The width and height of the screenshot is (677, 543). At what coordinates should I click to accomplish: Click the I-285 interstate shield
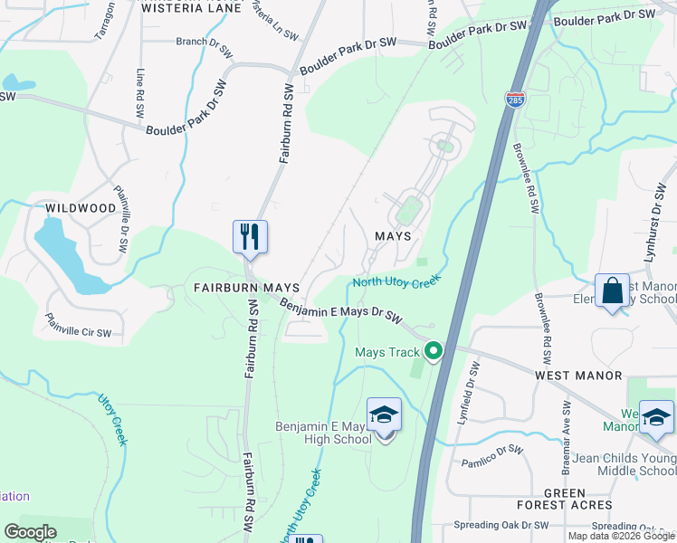[x=515, y=98]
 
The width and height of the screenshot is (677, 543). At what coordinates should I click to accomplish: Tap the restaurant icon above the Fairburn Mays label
[x=247, y=237]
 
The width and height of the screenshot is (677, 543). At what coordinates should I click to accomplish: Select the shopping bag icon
[x=612, y=291]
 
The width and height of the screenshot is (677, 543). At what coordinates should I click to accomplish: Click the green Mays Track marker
[x=434, y=352]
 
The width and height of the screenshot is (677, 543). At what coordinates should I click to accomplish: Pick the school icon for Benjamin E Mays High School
[x=384, y=416]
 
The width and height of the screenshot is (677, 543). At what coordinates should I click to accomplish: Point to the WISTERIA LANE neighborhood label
[x=192, y=8]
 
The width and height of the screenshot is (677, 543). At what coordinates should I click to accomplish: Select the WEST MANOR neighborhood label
[x=578, y=375]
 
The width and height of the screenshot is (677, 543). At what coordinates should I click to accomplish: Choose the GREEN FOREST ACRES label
[x=565, y=499]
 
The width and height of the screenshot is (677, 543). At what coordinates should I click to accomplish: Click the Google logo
[x=31, y=532]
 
